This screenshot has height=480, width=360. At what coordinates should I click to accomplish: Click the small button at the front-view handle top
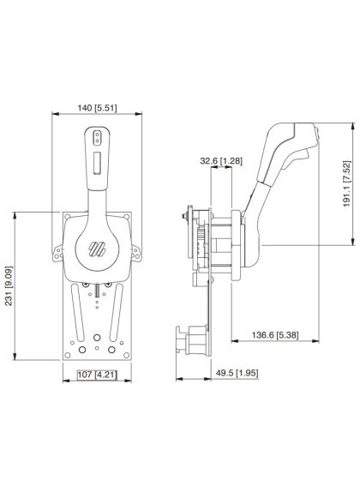(x=96, y=135)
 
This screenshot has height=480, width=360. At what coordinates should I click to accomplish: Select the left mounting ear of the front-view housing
(x=58, y=254)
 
